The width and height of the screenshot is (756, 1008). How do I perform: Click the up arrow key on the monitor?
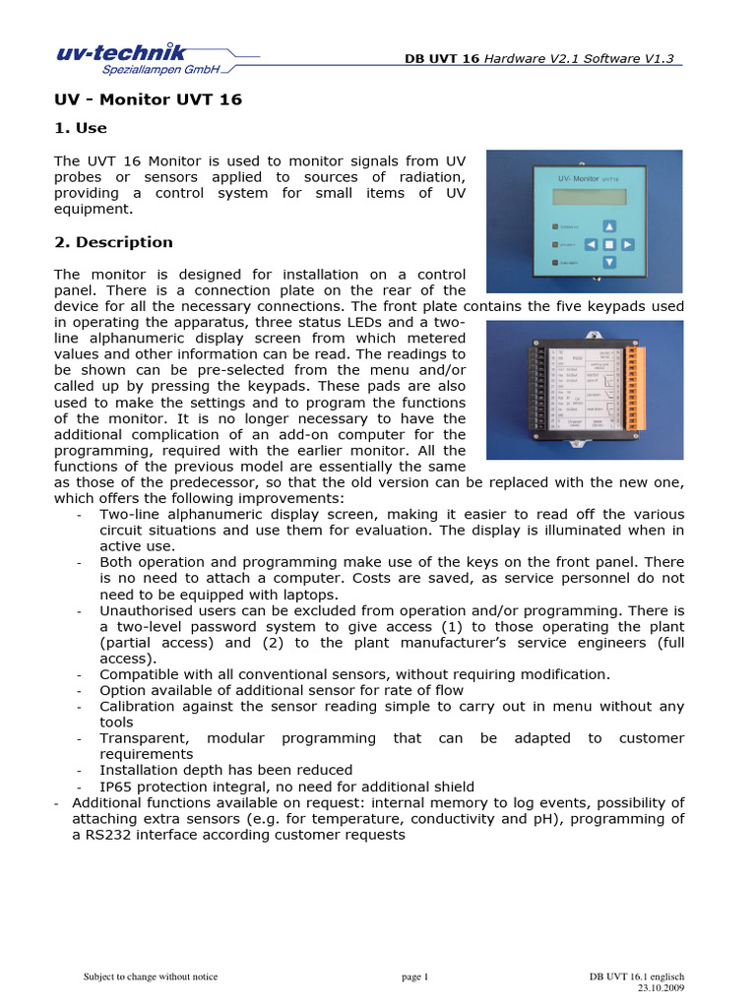(608, 224)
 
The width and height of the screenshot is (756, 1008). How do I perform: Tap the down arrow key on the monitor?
(608, 262)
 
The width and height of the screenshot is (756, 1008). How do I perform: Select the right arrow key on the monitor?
(627, 243)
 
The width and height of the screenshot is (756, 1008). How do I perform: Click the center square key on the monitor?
(608, 243)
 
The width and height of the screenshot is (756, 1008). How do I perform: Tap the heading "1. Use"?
(80, 128)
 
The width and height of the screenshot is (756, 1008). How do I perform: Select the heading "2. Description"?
(113, 242)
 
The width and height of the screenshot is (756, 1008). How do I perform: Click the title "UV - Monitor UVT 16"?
(148, 99)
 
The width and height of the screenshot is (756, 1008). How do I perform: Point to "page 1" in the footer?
(415, 976)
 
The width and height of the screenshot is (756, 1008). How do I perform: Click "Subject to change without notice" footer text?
(151, 976)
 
